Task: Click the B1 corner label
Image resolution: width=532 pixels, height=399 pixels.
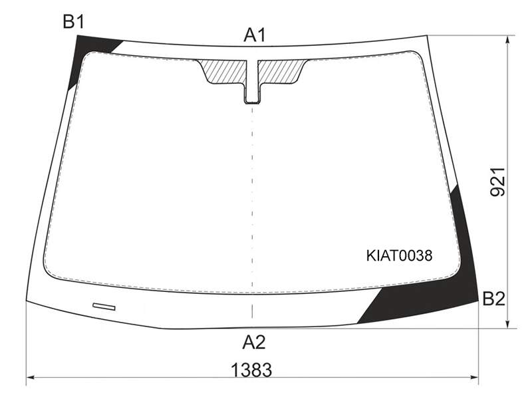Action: coord(73,22)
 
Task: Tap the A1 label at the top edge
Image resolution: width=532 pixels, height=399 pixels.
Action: coord(255,35)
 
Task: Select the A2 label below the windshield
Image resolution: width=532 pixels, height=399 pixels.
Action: coord(254,342)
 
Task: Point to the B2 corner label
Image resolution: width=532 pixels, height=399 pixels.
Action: coord(493,299)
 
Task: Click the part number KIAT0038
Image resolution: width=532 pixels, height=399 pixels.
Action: coord(400,255)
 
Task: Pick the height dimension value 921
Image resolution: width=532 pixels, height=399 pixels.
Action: coord(497,182)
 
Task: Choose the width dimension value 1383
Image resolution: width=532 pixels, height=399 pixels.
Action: coord(251,370)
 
